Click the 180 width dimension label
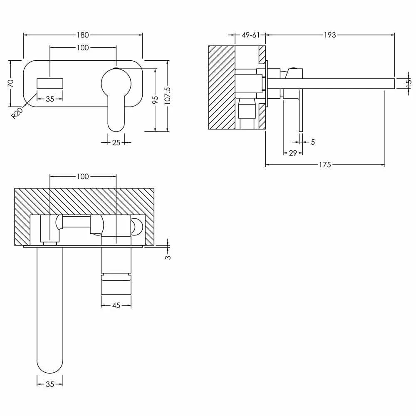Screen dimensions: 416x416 tap(83, 35)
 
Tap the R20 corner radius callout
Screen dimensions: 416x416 tap(17, 113)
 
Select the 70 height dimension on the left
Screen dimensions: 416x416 tap(11, 83)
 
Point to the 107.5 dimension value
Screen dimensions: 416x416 tap(168, 96)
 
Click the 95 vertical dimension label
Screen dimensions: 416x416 tap(156, 99)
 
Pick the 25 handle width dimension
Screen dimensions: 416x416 tap(116, 143)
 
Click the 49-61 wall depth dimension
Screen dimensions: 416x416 tap(250, 35)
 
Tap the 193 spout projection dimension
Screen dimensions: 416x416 tap(330, 35)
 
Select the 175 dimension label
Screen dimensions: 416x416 tap(325, 165)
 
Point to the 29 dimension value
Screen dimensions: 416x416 tap(292, 153)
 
